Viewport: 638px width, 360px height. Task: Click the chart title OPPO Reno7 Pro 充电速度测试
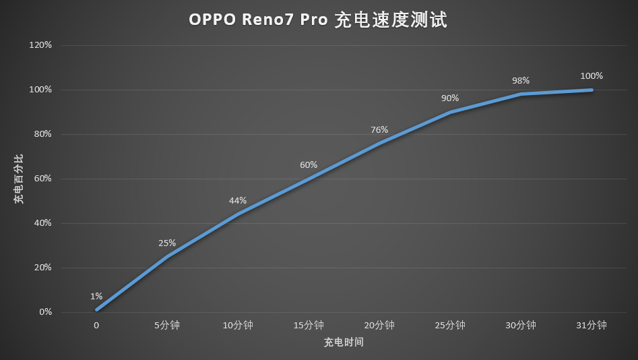(x=318, y=21)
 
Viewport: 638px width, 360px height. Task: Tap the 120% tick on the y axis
(x=41, y=45)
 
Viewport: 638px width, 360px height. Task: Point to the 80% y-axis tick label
(x=43, y=134)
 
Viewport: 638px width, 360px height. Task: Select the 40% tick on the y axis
(x=43, y=223)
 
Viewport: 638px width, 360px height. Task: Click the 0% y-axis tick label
(x=45, y=312)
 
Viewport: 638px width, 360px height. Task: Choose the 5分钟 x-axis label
(x=167, y=326)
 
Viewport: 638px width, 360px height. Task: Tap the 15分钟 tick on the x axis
(x=309, y=326)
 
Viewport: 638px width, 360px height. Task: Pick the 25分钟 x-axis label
(x=450, y=326)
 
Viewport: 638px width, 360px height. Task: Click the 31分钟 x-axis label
(x=592, y=326)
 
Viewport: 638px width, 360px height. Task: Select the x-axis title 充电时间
(x=344, y=342)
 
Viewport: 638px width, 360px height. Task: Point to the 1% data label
(x=96, y=296)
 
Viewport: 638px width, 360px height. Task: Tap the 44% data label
(x=238, y=200)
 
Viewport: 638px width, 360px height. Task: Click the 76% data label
(x=379, y=129)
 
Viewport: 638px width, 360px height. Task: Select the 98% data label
(x=521, y=80)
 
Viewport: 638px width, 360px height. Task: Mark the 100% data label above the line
(x=592, y=76)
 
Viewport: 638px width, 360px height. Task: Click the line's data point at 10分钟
(x=238, y=214)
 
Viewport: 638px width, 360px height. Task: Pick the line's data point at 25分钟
(x=450, y=112)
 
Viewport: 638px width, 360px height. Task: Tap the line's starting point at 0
(x=96, y=310)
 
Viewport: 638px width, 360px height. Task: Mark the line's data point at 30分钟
(x=521, y=94)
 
